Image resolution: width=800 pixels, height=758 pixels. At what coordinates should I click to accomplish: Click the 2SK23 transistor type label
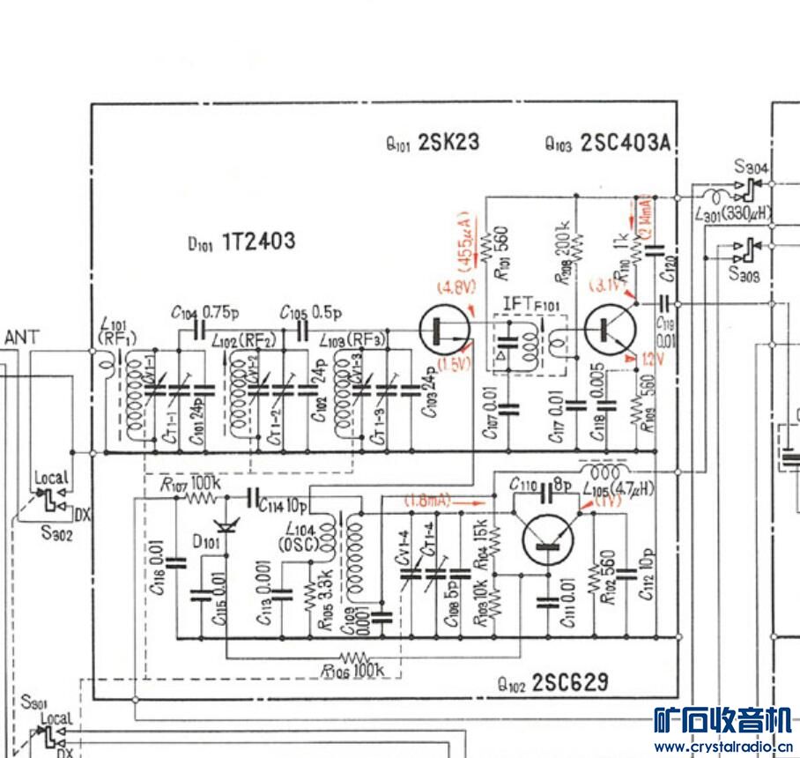tap(448, 143)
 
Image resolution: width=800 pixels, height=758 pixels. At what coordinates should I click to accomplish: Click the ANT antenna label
tap(22, 337)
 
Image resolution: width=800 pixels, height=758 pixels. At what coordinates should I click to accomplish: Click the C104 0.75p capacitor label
tap(199, 312)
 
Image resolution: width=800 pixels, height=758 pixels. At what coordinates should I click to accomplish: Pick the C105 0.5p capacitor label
tap(311, 312)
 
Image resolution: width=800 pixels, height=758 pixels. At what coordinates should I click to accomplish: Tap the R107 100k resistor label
tap(190, 484)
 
